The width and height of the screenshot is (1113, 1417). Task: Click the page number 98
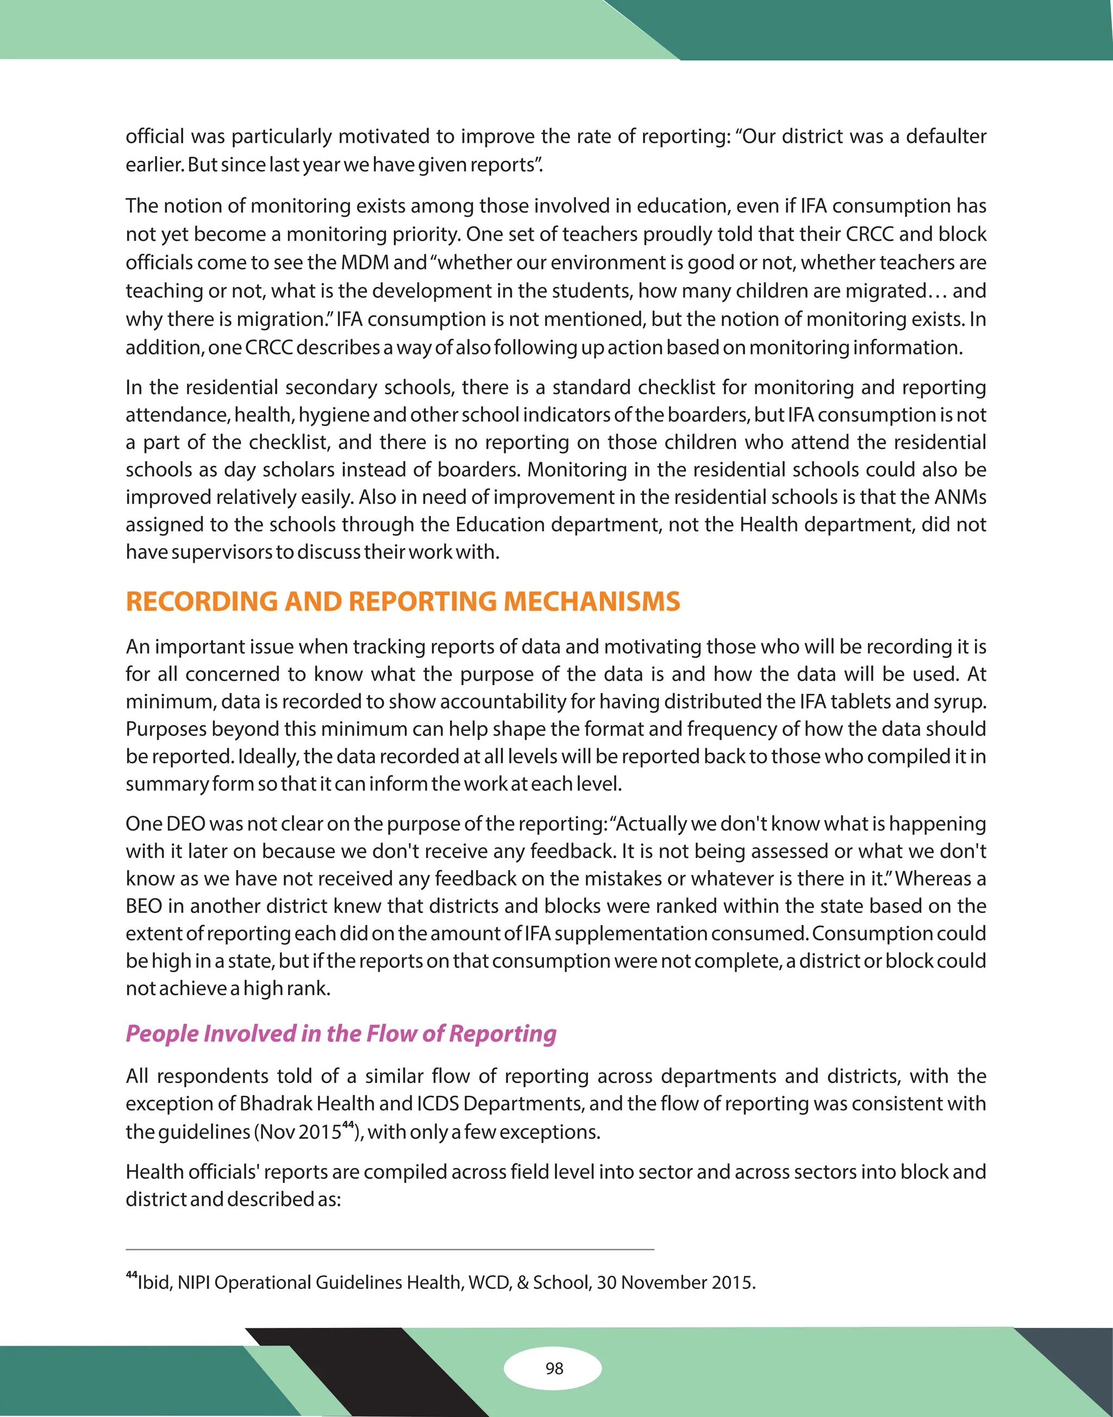[554, 1368]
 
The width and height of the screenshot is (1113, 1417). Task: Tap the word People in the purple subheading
[161, 1034]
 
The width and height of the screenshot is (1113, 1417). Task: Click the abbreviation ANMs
[960, 497]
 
